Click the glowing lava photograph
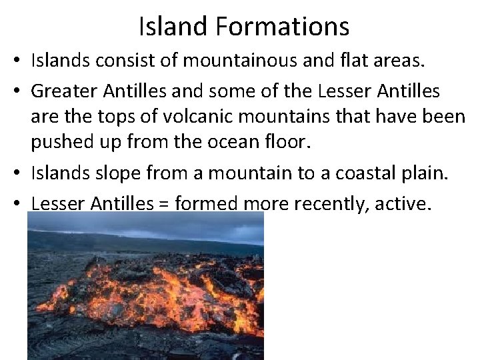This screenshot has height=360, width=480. coord(145,287)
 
